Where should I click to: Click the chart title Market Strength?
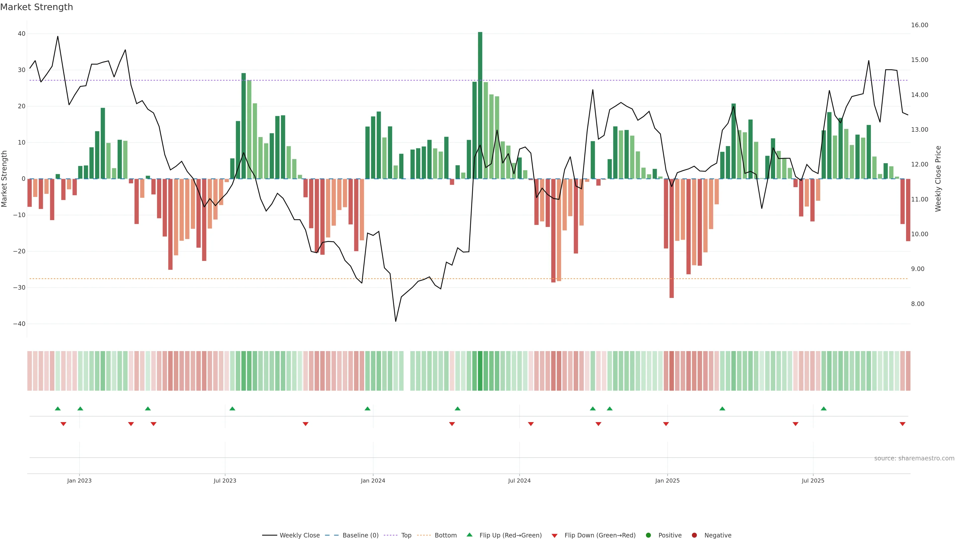37,7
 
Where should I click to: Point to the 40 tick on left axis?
21,34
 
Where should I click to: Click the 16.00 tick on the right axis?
919,25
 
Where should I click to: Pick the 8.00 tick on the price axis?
917,304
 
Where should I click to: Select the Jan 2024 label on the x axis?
373,481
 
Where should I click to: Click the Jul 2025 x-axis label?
813,481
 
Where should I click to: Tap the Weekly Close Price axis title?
938,179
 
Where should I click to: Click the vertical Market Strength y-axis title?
5,179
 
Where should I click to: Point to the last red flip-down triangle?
903,424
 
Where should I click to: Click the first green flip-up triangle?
57,409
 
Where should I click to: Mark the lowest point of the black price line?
395,321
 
